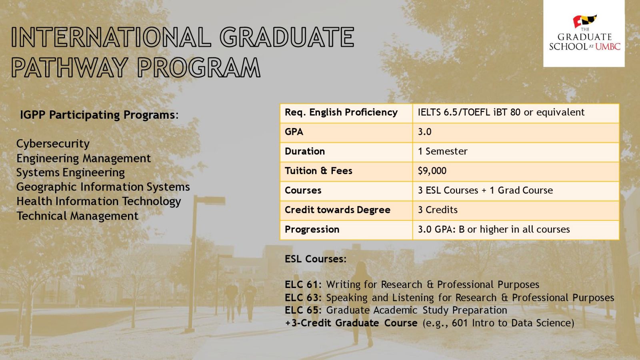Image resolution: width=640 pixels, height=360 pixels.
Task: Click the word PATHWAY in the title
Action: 69,68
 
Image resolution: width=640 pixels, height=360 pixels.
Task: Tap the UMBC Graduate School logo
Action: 584,34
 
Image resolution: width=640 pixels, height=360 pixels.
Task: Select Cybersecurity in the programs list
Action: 53,144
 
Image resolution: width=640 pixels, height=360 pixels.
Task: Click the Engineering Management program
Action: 84,158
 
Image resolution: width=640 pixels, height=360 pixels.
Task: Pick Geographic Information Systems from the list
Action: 103,187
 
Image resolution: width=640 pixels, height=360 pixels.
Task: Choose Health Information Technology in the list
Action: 99,202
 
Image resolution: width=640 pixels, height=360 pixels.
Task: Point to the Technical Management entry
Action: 78,216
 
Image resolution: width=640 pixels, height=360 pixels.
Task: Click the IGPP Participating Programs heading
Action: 99,115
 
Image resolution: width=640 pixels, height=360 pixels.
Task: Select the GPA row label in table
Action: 294,132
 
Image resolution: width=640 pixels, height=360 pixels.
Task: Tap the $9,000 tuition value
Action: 432,171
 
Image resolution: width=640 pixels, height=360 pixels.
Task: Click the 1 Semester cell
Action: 442,151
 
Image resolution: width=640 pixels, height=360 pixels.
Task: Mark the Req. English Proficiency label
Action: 341,112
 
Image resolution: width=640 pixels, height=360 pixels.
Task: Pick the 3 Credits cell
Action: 438,210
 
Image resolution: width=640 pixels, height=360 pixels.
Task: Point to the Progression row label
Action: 312,230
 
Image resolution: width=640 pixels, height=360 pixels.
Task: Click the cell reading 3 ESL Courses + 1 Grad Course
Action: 486,190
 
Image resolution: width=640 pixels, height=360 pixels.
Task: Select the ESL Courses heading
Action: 316,259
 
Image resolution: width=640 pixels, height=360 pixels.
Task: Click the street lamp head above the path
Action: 210,200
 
